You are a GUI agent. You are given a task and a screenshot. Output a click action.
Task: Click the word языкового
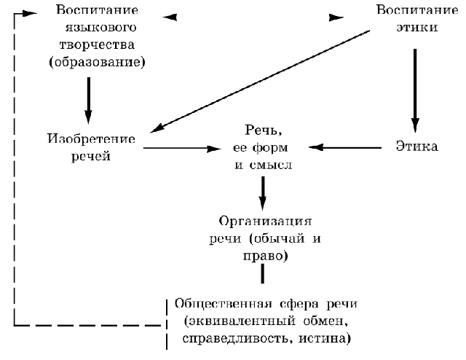tap(100, 28)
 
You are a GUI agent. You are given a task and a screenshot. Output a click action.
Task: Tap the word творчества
tap(97, 45)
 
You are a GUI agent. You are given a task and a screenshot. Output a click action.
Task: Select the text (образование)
tap(97, 62)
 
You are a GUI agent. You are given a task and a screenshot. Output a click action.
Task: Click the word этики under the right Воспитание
tap(417, 27)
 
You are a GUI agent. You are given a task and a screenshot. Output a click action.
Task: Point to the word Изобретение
tap(91, 138)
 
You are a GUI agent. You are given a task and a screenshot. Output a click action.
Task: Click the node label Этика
tap(416, 146)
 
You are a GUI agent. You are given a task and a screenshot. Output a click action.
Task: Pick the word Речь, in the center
tap(264, 130)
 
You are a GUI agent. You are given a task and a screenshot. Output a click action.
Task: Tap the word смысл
tap(271, 165)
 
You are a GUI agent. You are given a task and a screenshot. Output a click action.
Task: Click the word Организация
tap(265, 222)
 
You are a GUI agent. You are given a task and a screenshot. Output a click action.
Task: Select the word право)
tap(265, 257)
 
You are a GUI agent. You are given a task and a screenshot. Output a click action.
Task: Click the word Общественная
tap(224, 304)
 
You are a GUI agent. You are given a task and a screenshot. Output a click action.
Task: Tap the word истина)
tap(325, 339)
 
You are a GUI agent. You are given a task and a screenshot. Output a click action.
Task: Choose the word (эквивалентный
tap(240, 321)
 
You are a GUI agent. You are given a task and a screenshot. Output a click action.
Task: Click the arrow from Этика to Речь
tap(345, 147)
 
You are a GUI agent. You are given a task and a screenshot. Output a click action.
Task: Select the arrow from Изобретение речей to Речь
tap(183, 148)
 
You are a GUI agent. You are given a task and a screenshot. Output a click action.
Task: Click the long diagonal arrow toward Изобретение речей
tap(260, 81)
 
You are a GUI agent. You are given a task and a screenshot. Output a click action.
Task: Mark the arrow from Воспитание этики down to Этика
tap(415, 90)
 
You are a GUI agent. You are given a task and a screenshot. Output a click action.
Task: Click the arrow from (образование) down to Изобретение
tap(89, 101)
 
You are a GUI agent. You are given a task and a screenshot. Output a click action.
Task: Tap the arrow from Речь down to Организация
tap(262, 193)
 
